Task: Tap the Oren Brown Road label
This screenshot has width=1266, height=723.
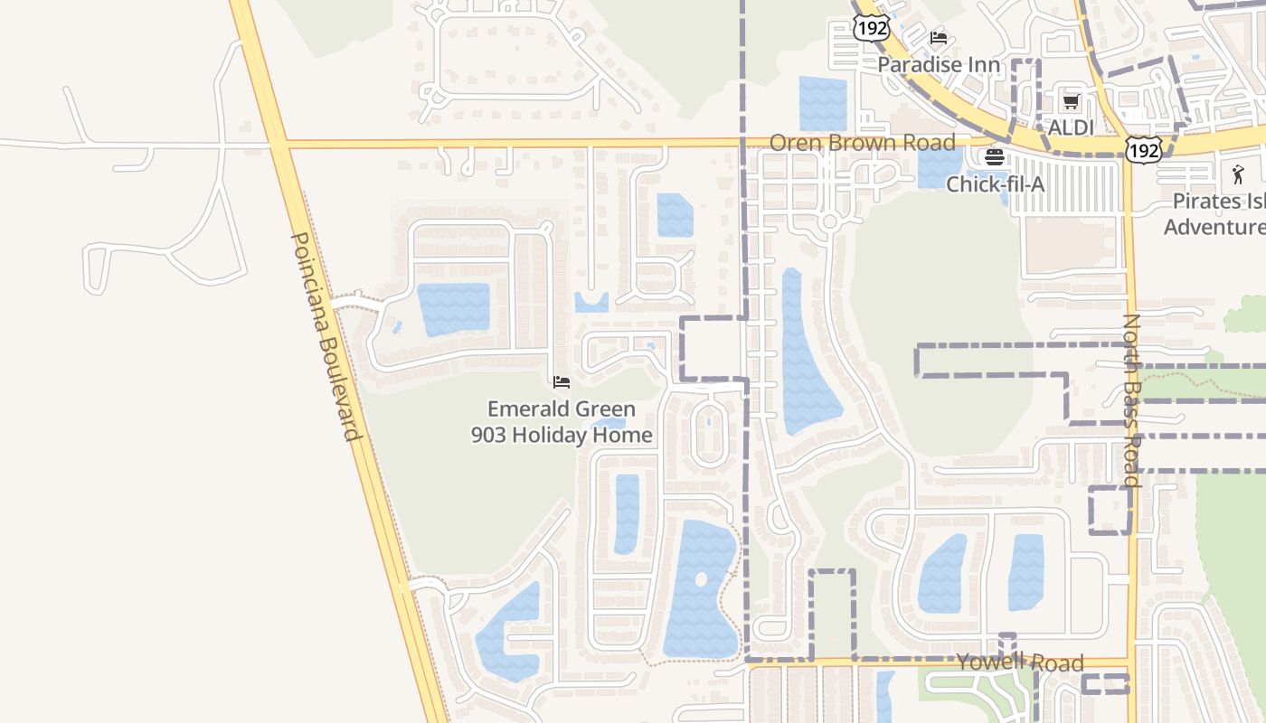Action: pos(862,143)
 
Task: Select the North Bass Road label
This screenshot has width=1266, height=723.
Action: pos(1132,400)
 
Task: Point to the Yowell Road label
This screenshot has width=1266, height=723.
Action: pos(1020,663)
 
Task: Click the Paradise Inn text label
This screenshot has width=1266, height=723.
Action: pos(939,65)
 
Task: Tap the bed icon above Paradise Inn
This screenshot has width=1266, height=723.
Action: pos(939,38)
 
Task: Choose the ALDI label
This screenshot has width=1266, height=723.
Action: pos(1071,127)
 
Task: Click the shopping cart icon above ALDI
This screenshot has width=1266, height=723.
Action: pos(1071,101)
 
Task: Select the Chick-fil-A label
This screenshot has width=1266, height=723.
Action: pos(995,184)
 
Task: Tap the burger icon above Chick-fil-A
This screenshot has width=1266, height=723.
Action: pos(995,157)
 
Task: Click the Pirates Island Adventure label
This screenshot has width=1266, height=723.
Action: pos(1217,213)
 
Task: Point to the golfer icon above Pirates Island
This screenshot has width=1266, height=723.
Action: pos(1238,174)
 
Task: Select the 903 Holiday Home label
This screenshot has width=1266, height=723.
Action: pos(561,435)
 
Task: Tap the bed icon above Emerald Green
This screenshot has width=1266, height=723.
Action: pos(561,382)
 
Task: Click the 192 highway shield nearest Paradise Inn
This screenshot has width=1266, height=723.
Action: pos(871,28)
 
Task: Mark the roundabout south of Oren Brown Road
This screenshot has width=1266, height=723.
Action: pos(829,221)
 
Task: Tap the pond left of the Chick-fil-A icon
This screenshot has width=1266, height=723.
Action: pos(940,167)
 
